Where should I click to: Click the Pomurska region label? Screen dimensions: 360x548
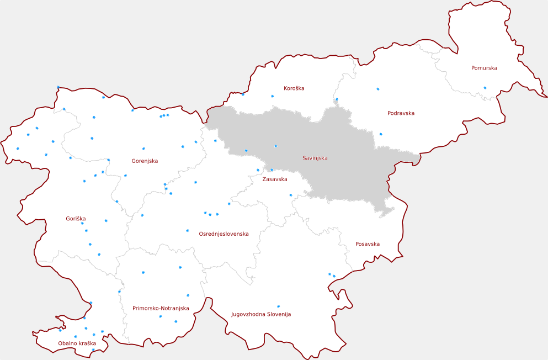[x=484, y=68]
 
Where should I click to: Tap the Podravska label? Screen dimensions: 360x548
[x=401, y=113]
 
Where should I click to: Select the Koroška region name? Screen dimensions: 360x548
[x=294, y=88]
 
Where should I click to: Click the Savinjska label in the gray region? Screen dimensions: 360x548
[x=315, y=158]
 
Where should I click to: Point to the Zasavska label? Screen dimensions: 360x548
[x=274, y=179]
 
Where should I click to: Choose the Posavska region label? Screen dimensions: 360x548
[x=367, y=244]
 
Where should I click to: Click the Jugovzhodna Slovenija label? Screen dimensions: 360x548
[x=260, y=314]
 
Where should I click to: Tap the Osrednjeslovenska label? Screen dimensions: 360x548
[x=224, y=234]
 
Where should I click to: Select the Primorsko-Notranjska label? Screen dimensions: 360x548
[x=161, y=308]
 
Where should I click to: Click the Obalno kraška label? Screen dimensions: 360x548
[x=77, y=343]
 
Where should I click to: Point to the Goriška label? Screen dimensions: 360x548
[x=76, y=219]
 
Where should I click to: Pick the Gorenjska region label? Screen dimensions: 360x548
[x=145, y=161]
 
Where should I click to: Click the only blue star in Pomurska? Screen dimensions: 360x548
[x=485, y=88]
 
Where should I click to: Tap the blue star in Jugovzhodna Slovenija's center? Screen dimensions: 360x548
[x=278, y=306]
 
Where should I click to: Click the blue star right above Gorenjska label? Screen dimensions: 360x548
[x=143, y=149]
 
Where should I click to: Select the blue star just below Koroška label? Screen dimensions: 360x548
[x=272, y=97]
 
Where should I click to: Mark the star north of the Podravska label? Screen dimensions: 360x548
[x=378, y=89]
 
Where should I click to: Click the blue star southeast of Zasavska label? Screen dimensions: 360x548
[x=291, y=195]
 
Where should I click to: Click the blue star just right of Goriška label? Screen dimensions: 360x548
[x=106, y=221]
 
